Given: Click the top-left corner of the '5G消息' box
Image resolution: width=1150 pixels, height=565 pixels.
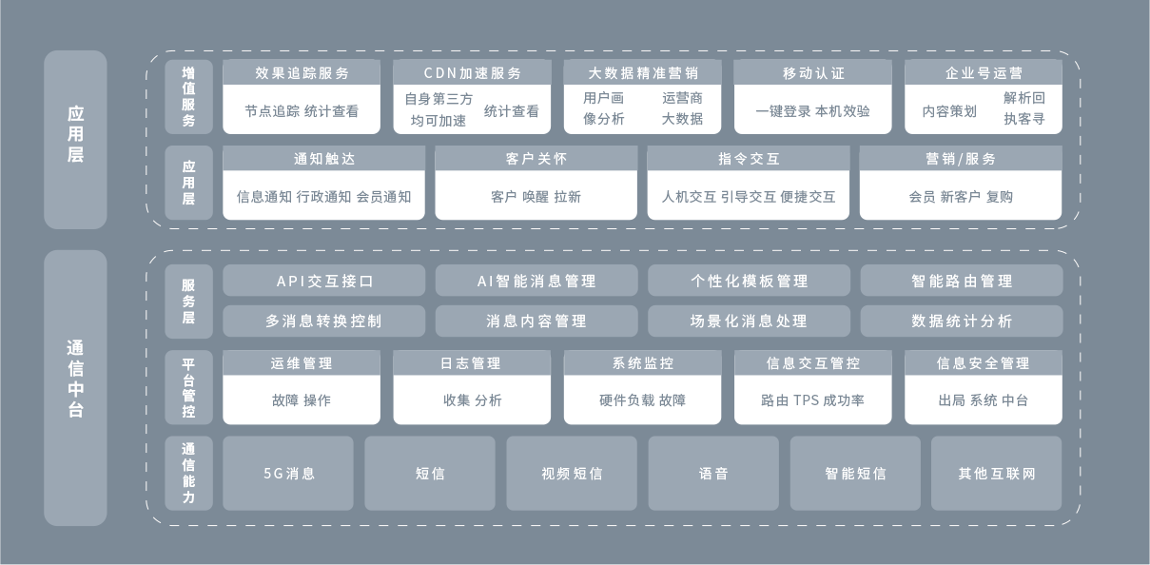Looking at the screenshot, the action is pos(223,437).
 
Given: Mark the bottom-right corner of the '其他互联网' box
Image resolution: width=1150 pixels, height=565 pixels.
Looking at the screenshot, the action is pos(1062,510).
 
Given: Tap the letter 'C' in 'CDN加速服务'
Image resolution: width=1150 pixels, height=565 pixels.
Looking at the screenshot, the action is pos(428,73).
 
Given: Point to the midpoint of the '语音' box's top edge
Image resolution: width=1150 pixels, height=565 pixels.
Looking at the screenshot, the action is pos(713,437).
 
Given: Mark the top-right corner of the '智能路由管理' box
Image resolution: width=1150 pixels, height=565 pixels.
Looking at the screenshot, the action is pos(1062,264).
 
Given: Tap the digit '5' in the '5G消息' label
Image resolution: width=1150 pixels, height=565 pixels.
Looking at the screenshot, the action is pos(267,473).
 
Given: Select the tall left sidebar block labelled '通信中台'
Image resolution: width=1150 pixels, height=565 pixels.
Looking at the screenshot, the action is pos(75,388).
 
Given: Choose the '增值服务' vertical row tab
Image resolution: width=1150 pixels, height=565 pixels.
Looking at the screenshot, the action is pos(188,97).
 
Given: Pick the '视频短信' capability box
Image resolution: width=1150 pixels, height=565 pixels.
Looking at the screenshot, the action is pos(572,473).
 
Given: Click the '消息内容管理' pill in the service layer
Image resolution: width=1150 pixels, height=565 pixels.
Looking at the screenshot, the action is pos(536,321).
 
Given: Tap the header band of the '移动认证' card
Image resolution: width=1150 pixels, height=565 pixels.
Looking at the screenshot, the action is pos(812,72).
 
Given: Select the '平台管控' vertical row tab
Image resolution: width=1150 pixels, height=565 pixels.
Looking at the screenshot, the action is pos(188,387).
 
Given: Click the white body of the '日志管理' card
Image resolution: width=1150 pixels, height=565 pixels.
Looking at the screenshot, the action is pos(472,399).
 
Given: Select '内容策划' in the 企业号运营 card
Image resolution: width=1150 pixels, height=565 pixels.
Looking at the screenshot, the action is pos(949,111).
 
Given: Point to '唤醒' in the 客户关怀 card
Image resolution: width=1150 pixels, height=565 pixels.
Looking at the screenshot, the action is pos(536,197).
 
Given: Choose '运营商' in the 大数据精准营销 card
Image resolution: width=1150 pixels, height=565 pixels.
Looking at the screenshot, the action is pos(682,98).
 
